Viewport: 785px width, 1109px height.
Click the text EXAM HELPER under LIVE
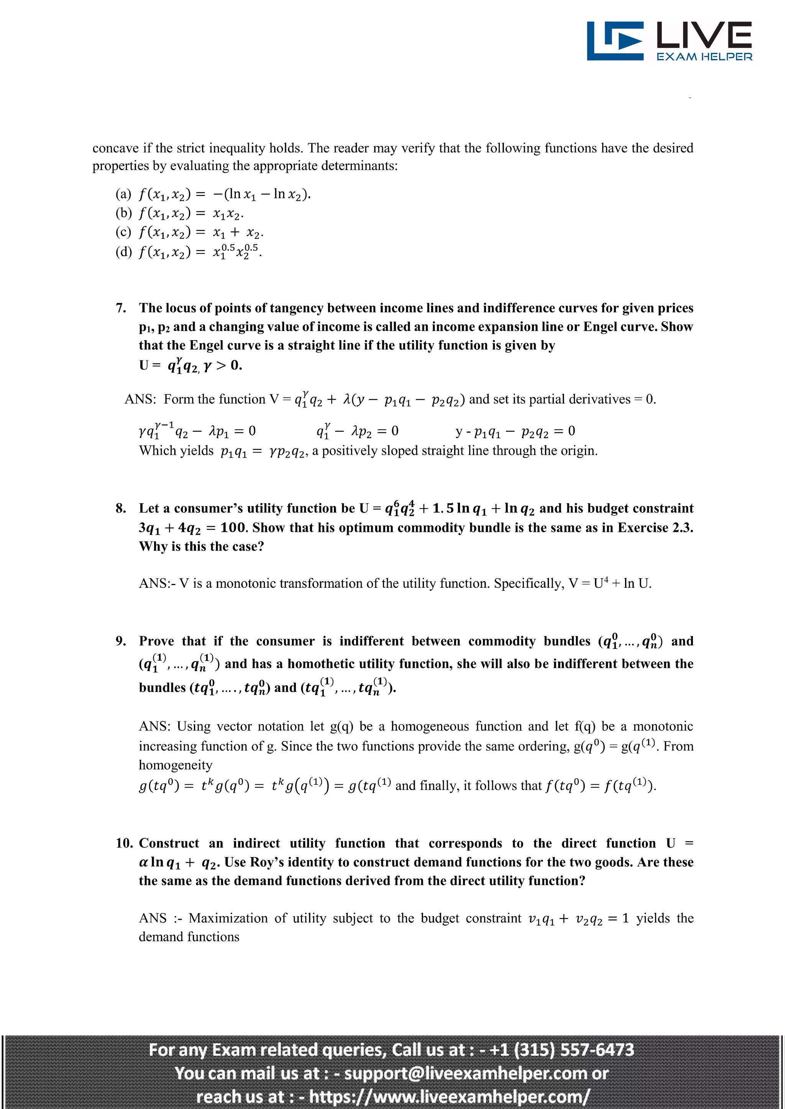pos(704,57)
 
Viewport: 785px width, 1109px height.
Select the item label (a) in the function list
pos(123,194)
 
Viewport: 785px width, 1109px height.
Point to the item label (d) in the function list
pos(123,252)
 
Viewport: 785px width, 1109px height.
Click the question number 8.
pos(121,508)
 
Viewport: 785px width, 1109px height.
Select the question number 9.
pos(121,641)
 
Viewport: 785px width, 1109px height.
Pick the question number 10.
pos(124,843)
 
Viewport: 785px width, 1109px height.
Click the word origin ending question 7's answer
pos(579,451)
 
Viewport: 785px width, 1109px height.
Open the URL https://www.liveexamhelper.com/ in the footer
pos(449,1096)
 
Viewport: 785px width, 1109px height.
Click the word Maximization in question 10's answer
pos(228,918)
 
